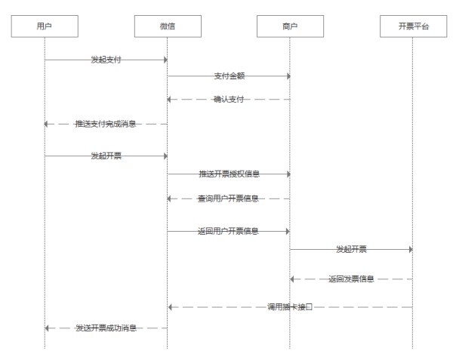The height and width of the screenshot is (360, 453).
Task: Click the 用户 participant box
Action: point(44,26)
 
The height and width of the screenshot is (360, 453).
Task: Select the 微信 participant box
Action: point(167,26)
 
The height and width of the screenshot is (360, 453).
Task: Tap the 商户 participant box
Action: point(290,26)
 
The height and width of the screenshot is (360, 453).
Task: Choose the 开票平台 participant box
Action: point(413,26)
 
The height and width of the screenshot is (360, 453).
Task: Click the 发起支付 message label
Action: point(105,60)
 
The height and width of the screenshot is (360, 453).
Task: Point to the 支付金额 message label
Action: point(229,76)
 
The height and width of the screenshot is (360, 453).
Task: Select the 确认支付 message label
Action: point(229,100)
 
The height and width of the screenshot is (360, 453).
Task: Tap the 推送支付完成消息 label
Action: point(105,124)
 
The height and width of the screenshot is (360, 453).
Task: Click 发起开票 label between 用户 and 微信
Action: point(105,156)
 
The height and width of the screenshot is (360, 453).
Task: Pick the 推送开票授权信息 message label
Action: point(229,174)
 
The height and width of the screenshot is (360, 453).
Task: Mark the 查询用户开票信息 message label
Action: point(229,198)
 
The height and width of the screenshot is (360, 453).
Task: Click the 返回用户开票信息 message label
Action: point(229,232)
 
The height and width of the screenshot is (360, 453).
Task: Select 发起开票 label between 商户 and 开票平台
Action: point(351,248)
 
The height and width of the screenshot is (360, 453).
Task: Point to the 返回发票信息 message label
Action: point(351,279)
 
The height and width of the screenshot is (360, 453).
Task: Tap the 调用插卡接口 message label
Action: point(290,307)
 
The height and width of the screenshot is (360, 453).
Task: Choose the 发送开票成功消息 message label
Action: point(105,328)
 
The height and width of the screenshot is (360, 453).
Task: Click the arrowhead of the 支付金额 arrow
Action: point(288,76)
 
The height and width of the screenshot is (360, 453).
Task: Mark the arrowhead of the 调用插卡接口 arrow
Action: point(171,307)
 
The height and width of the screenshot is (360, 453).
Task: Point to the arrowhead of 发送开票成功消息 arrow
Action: point(48,328)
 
